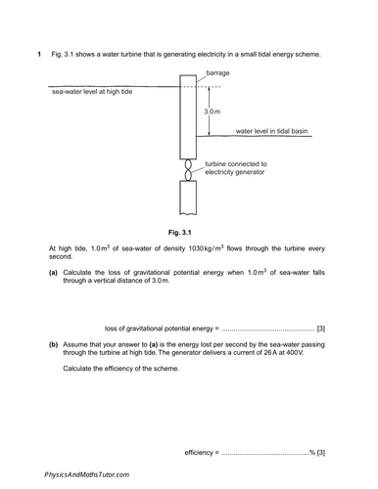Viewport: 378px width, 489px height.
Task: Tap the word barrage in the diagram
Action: tap(218, 73)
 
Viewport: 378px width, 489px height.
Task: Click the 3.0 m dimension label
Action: tap(213, 112)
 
